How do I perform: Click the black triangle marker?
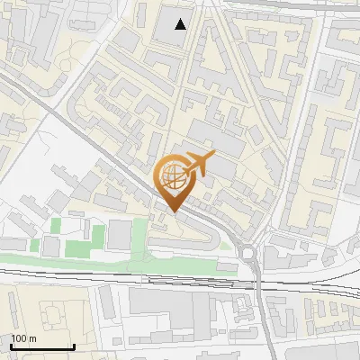pos(181,24)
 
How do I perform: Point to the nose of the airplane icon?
pos(214,156)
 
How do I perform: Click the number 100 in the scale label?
pos(18,338)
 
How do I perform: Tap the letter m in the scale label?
pos(31,338)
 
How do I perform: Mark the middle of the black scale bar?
pos(41,346)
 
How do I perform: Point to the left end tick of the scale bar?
pos(11,345)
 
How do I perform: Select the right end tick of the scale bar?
pos(73,345)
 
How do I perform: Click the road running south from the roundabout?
pos(259,306)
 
